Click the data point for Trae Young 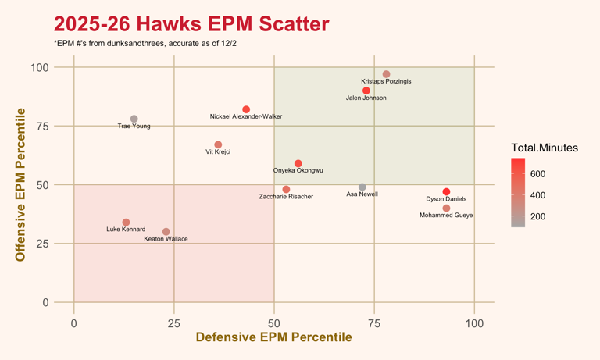click(134, 119)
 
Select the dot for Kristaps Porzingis click(387, 75)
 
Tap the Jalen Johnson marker click(366, 91)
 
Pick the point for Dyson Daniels click(446, 192)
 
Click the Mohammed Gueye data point click(446, 209)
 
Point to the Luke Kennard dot click(126, 223)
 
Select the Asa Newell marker click(362, 187)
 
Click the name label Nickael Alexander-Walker click(246, 116)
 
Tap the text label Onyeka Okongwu click(298, 170)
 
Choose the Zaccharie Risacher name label click(286, 197)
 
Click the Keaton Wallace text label click(166, 239)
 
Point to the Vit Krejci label click(218, 152)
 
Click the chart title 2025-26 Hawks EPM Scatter click(191, 24)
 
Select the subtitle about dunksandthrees click(145, 44)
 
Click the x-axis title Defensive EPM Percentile click(273, 337)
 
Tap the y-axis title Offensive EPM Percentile click(21, 184)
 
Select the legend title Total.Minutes click(545, 148)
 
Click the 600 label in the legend click(538, 174)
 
